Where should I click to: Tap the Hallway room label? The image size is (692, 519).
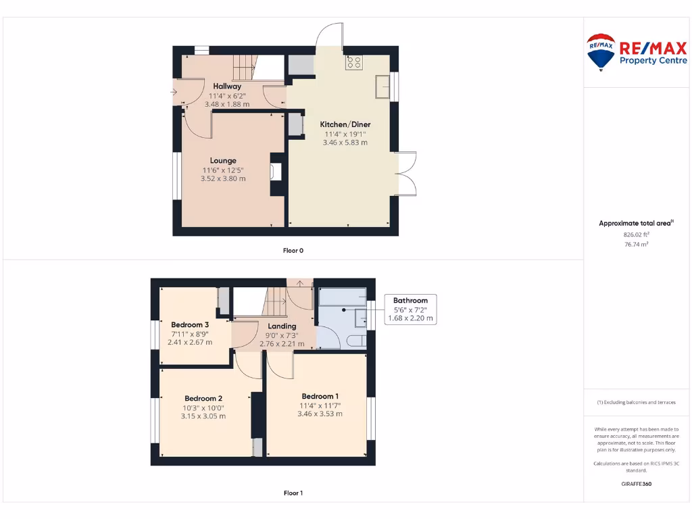click(x=227, y=86)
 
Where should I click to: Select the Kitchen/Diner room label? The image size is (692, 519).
click(x=345, y=124)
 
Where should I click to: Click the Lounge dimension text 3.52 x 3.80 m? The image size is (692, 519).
click(x=223, y=179)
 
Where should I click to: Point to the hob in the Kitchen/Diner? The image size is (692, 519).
click(x=353, y=63)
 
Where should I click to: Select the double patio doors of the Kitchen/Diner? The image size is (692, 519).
click(x=405, y=174)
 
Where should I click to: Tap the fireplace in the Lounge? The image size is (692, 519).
click(x=276, y=172)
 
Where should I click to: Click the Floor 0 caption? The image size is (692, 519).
click(x=293, y=251)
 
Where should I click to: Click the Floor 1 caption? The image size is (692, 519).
click(x=293, y=493)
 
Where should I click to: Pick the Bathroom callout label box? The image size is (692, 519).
click(x=410, y=310)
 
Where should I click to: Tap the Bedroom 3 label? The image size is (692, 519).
click(x=190, y=325)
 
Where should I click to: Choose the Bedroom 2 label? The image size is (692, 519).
click(x=203, y=399)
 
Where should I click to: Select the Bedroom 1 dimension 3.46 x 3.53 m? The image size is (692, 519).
click(x=320, y=414)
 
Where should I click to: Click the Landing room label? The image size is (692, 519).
click(x=282, y=326)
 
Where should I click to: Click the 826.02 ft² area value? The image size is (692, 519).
click(x=635, y=234)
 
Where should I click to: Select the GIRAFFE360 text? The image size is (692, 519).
click(x=635, y=484)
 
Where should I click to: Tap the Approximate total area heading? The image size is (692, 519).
click(x=635, y=223)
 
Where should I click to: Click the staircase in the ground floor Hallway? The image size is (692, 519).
click(x=245, y=68)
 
